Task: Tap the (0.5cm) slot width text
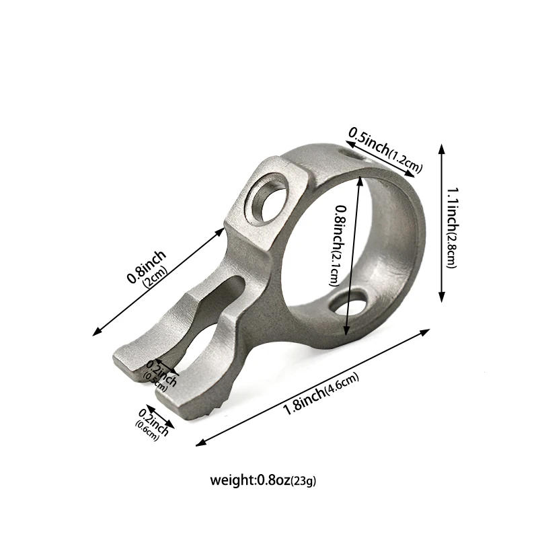[155, 385]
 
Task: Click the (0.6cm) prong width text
[148, 431]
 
